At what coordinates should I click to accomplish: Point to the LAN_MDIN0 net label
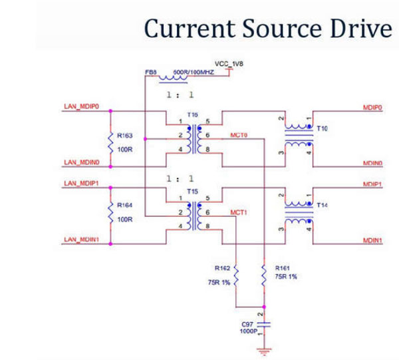[81, 162]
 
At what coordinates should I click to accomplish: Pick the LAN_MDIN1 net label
[81, 240]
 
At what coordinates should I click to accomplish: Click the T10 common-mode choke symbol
[297, 137]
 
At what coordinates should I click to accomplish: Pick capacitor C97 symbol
[265, 325]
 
